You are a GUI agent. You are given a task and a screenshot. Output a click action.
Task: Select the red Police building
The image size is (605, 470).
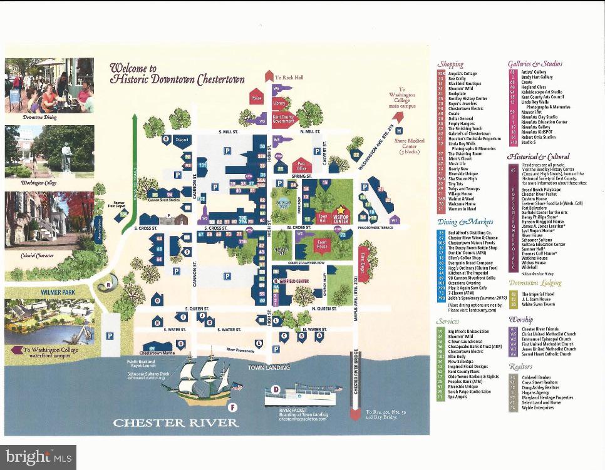(x=256, y=98)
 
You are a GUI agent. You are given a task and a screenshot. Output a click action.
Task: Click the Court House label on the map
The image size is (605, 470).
(x=323, y=246)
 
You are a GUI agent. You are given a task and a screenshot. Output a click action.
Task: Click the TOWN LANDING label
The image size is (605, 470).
(x=266, y=367)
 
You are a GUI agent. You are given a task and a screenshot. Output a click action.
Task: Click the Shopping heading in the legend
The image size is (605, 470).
(x=450, y=64)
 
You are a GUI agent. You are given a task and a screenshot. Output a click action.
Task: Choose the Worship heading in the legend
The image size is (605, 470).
(x=521, y=320)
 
